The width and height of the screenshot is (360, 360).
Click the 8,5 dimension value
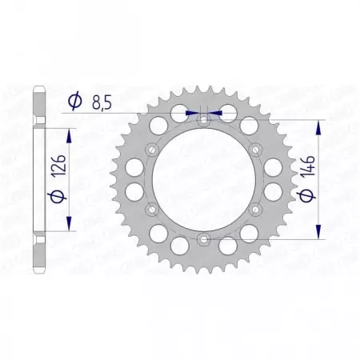coord(102,102)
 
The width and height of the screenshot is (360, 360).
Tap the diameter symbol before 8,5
coord(74,102)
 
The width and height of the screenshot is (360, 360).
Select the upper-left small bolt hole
coord(152,149)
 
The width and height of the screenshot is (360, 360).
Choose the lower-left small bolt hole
coord(152,208)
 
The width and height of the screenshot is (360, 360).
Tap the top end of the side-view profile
coord(38,88)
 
